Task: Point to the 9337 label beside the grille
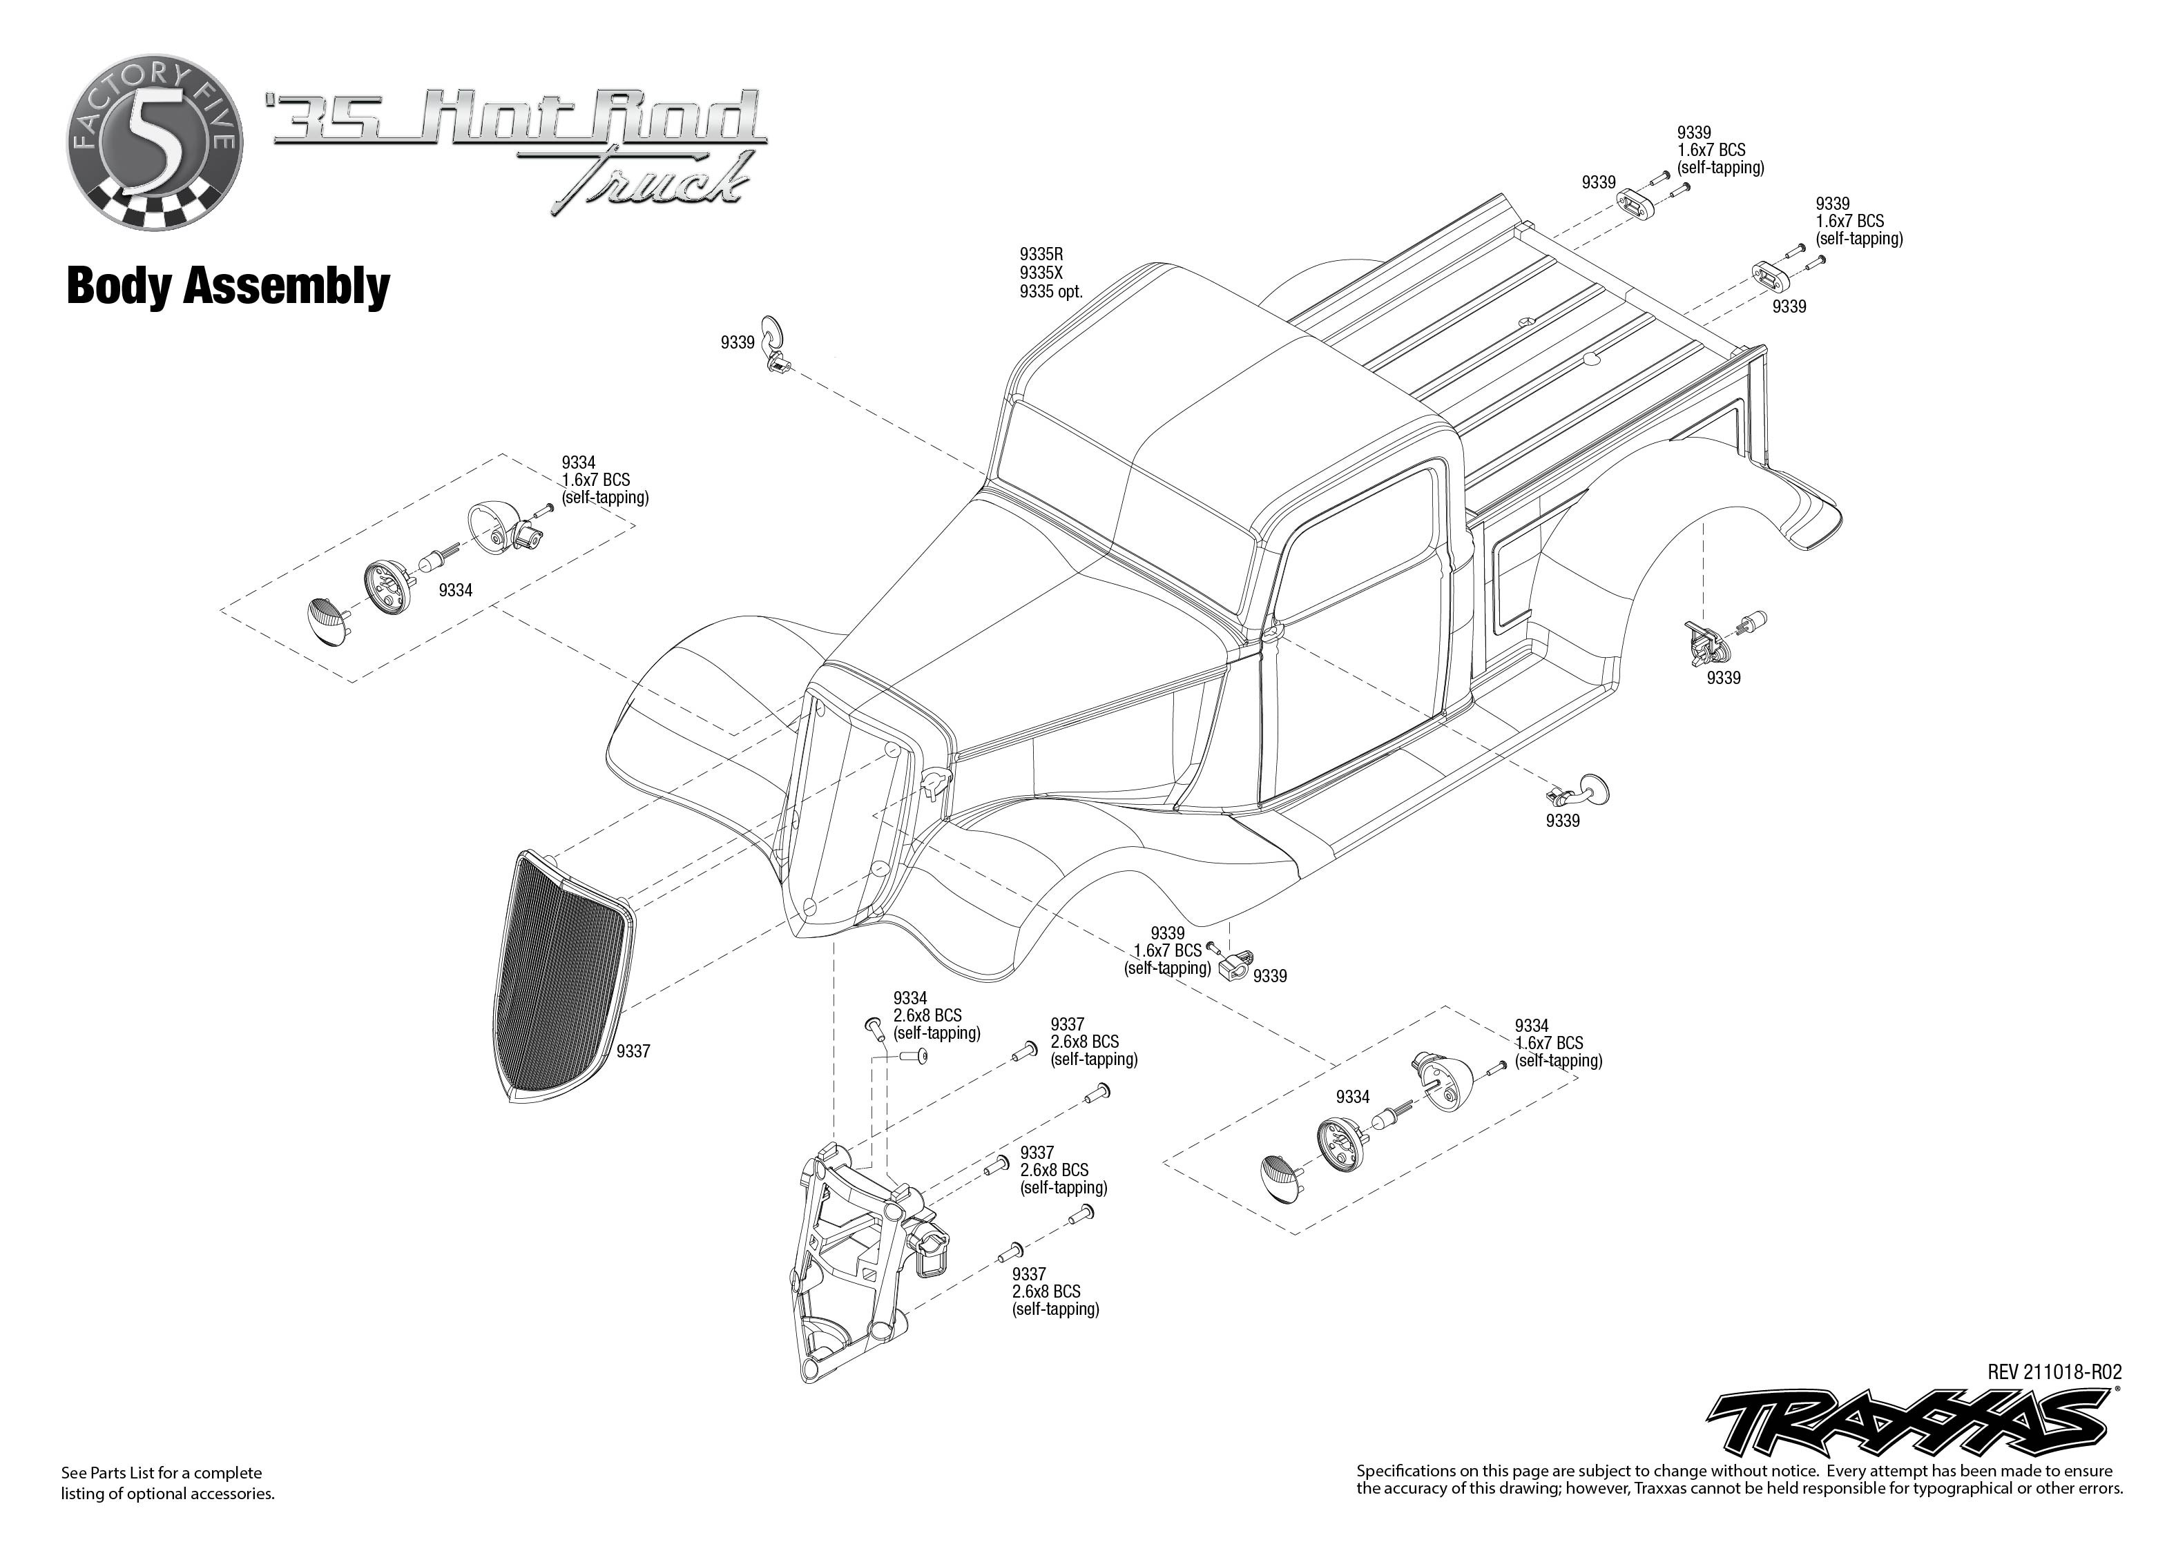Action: coord(633,1052)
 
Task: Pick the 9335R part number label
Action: coord(1041,255)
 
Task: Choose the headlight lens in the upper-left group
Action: coord(327,620)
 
